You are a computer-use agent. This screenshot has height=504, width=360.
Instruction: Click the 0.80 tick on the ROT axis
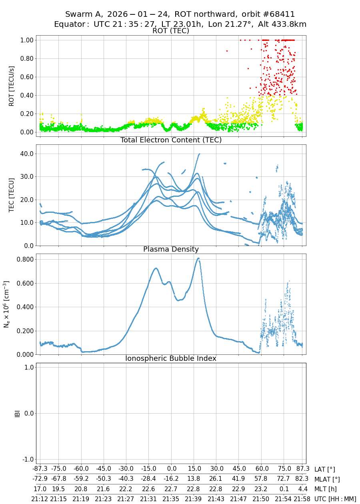(x=26, y=58)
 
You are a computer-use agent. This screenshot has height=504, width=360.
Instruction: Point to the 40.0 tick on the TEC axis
(x=26, y=154)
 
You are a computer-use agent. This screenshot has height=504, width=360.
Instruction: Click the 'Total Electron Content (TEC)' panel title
(x=171, y=140)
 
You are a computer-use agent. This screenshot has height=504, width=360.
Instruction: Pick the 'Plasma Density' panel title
(x=171, y=249)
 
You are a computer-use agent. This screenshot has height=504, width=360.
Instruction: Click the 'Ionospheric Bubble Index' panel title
(x=171, y=358)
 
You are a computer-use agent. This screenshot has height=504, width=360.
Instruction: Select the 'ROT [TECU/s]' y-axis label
(x=11, y=86)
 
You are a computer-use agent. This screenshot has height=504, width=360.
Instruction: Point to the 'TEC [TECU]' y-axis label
(x=11, y=195)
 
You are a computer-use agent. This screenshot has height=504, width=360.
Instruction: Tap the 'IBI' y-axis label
(x=17, y=413)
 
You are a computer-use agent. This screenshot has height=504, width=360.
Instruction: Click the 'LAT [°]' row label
(x=325, y=469)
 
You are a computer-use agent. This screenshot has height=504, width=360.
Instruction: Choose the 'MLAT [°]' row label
(x=327, y=479)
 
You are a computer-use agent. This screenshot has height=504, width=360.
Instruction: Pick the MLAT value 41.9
(x=239, y=479)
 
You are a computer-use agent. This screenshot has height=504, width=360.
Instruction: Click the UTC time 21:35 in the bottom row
(x=172, y=499)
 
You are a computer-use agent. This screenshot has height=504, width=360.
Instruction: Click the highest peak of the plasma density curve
(x=198, y=258)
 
